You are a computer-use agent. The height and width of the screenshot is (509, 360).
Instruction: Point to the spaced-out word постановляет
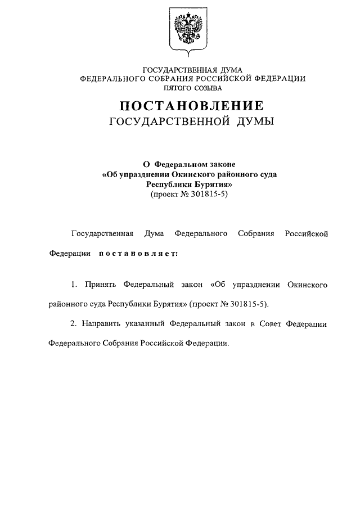[138, 253]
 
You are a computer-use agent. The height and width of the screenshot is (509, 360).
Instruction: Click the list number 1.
[74, 285]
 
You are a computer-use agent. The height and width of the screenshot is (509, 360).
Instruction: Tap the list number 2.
[74, 324]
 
